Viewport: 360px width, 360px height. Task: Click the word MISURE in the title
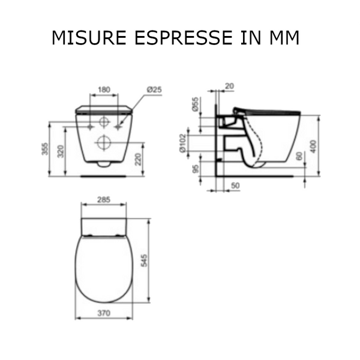coord(89,37)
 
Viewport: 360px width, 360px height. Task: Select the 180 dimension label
coord(104,89)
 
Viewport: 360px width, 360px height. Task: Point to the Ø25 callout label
coord(154,89)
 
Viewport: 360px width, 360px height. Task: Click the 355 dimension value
coord(45,149)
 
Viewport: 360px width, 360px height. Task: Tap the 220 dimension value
coord(138,159)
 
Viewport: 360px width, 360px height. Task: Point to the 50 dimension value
coord(235,185)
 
